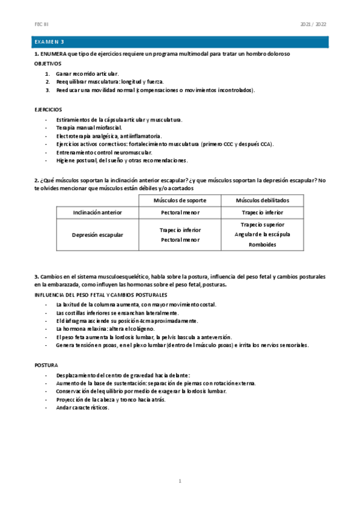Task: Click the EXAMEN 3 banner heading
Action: (x=49, y=42)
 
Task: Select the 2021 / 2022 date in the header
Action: (x=313, y=24)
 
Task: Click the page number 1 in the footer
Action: (x=180, y=481)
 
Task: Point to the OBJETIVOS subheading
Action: (x=49, y=63)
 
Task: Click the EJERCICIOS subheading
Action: (x=48, y=109)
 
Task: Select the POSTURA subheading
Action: (x=46, y=365)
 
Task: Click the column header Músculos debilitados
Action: (x=262, y=200)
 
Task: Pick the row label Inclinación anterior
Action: (x=97, y=212)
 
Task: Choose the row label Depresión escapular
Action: (x=97, y=235)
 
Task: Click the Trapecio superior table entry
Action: (x=262, y=224)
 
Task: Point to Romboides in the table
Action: (x=262, y=245)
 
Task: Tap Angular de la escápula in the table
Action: (x=262, y=235)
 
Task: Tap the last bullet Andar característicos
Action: (x=82, y=407)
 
